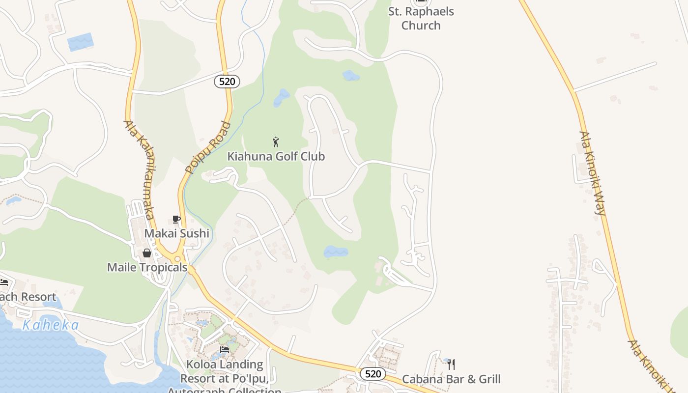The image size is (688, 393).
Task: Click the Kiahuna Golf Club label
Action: pyautogui.click(x=276, y=156)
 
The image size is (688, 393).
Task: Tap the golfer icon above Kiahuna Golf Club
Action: pyautogui.click(x=276, y=142)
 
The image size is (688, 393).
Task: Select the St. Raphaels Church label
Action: pyautogui.click(x=421, y=18)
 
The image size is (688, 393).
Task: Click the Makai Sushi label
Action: pyautogui.click(x=176, y=233)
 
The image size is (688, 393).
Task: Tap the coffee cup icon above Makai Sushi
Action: pyautogui.click(x=176, y=219)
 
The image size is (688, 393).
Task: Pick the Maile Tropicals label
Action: pyautogui.click(x=147, y=267)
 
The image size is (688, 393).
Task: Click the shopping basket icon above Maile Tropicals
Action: pyautogui.click(x=146, y=253)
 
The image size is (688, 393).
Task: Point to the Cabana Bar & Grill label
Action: pyautogui.click(x=451, y=379)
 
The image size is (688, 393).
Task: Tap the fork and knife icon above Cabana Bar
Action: pyautogui.click(x=451, y=365)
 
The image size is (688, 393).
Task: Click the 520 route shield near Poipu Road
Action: pyautogui.click(x=227, y=82)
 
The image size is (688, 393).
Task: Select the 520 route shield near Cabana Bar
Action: pyautogui.click(x=373, y=374)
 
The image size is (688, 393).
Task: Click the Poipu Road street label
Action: pyautogui.click(x=208, y=147)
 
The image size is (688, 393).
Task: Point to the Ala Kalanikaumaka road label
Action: pyautogui.click(x=140, y=169)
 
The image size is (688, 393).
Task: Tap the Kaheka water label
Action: pyautogui.click(x=51, y=325)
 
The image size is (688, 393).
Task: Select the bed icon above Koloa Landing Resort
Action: pyautogui.click(x=225, y=350)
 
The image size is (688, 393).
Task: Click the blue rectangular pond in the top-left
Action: pyautogui.click(x=80, y=42)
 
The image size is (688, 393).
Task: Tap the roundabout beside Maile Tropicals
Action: pyautogui.click(x=177, y=258)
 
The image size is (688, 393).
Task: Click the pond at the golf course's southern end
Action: pyautogui.click(x=336, y=252)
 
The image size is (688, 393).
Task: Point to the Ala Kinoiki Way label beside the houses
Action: pyautogui.click(x=592, y=173)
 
